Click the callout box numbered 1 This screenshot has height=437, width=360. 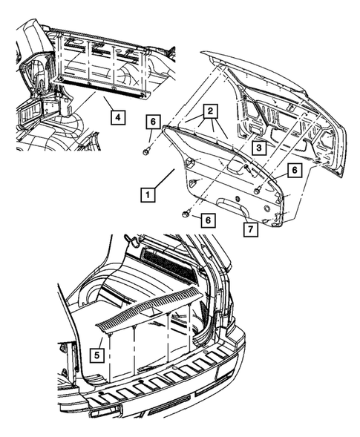(x=148, y=195)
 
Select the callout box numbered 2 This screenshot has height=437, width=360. (x=211, y=111)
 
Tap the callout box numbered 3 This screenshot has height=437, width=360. (x=259, y=148)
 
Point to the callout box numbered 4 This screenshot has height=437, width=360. (x=118, y=117)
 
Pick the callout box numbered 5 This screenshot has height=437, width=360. (x=96, y=355)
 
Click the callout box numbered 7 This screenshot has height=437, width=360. (x=250, y=229)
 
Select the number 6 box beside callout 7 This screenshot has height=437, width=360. (x=208, y=220)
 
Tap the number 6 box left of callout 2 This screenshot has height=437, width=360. (x=152, y=122)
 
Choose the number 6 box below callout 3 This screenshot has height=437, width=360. (x=295, y=170)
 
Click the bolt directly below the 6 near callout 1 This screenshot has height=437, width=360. (x=146, y=151)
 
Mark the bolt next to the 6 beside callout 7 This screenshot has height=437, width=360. (x=186, y=213)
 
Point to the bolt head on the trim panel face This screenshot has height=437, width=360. (x=257, y=191)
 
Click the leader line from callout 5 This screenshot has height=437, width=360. (x=101, y=343)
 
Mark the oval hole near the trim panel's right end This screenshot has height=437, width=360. (x=267, y=208)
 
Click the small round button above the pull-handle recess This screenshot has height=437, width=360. (x=238, y=199)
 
